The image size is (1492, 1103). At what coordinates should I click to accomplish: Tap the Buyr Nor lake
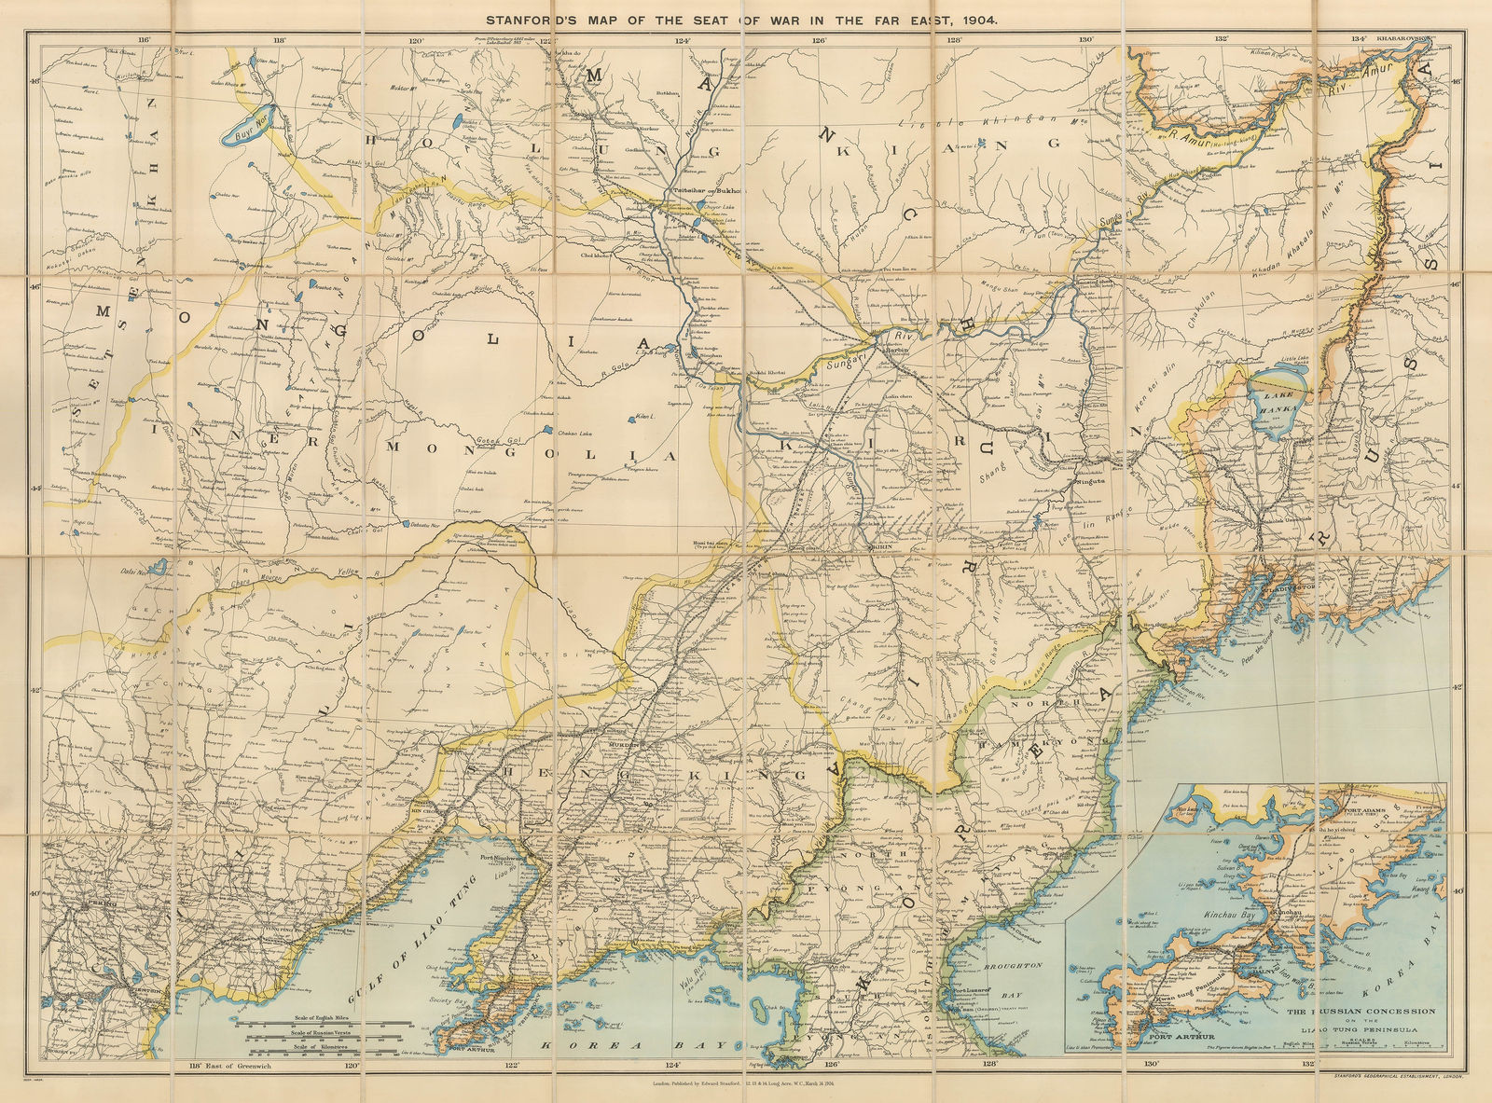[242, 129]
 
